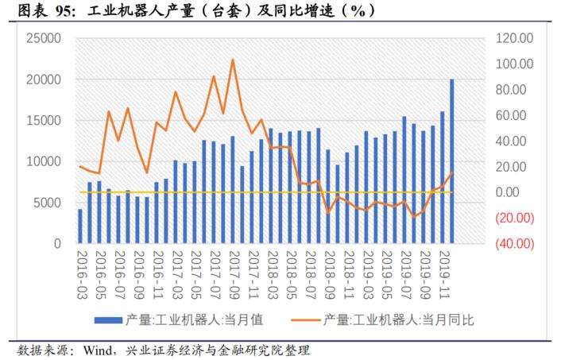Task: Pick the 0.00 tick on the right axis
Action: pyautogui.click(x=506, y=192)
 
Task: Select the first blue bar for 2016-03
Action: pyautogui.click(x=80, y=226)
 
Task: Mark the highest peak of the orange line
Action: pyautogui.click(x=232, y=60)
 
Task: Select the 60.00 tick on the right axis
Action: pyautogui.click(x=509, y=115)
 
